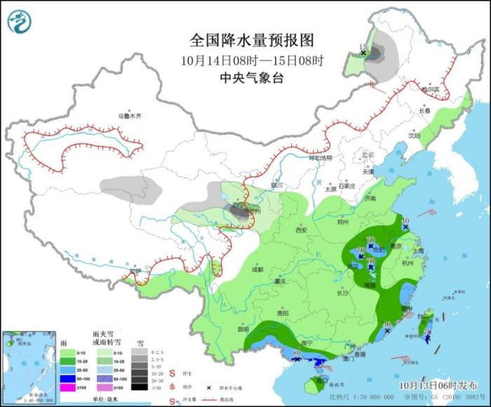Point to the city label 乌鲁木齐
(x=129, y=115)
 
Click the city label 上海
(x=419, y=250)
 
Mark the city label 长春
(x=425, y=110)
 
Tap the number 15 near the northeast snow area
(x=363, y=47)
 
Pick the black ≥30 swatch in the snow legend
(x=140, y=387)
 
